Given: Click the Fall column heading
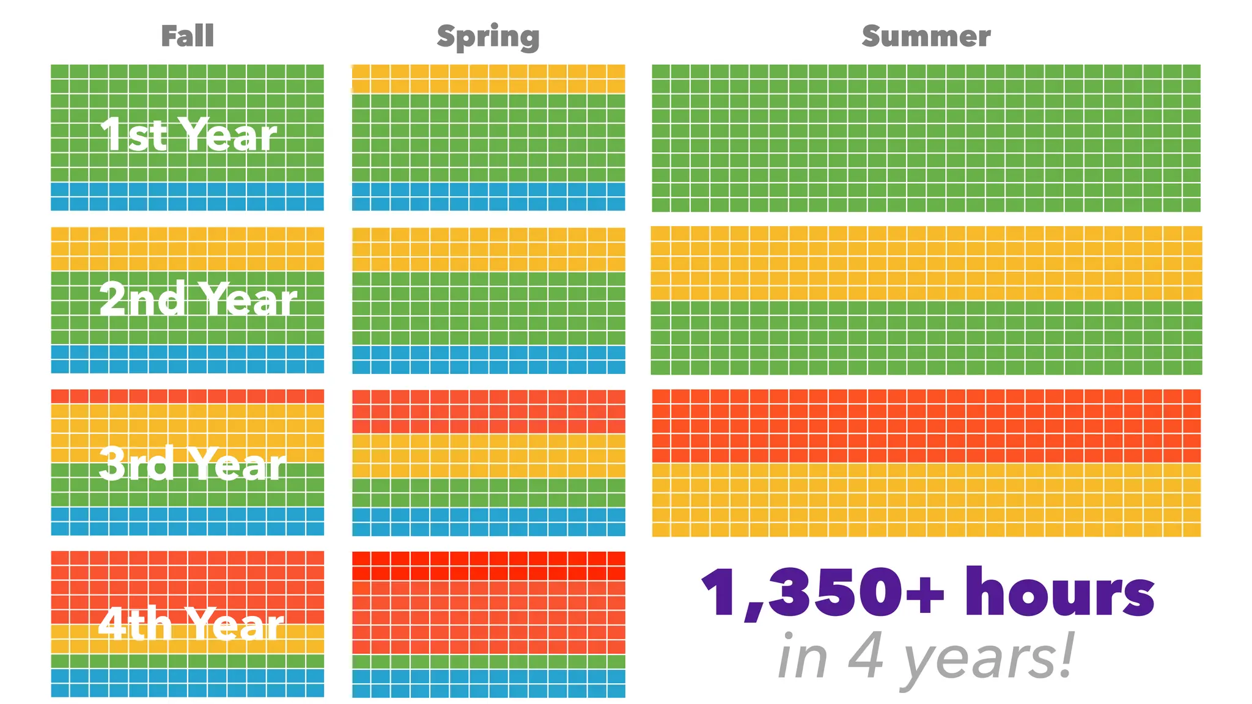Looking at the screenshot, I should (187, 36).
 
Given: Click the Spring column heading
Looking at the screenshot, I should (488, 37).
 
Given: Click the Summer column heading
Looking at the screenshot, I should (926, 36).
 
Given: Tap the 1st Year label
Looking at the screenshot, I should (188, 135).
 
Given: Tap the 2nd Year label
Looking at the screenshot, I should (197, 299).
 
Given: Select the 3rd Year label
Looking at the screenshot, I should (192, 463).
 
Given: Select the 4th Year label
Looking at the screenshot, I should (191, 624).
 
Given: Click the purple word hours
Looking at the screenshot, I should (1059, 593).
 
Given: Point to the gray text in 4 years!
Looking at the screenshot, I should (926, 658).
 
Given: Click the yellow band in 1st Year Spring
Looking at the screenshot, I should (488, 79).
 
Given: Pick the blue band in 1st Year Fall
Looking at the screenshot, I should (187, 197).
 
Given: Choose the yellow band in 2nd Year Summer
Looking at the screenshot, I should (926, 263).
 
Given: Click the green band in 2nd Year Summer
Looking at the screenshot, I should (926, 337).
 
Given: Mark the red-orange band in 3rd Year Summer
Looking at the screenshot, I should (926, 426).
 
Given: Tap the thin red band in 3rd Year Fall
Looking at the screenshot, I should (187, 397).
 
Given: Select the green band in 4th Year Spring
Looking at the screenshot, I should (488, 662).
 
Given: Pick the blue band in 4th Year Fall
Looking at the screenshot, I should (187, 683).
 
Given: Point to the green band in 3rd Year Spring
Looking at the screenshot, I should (488, 493).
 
